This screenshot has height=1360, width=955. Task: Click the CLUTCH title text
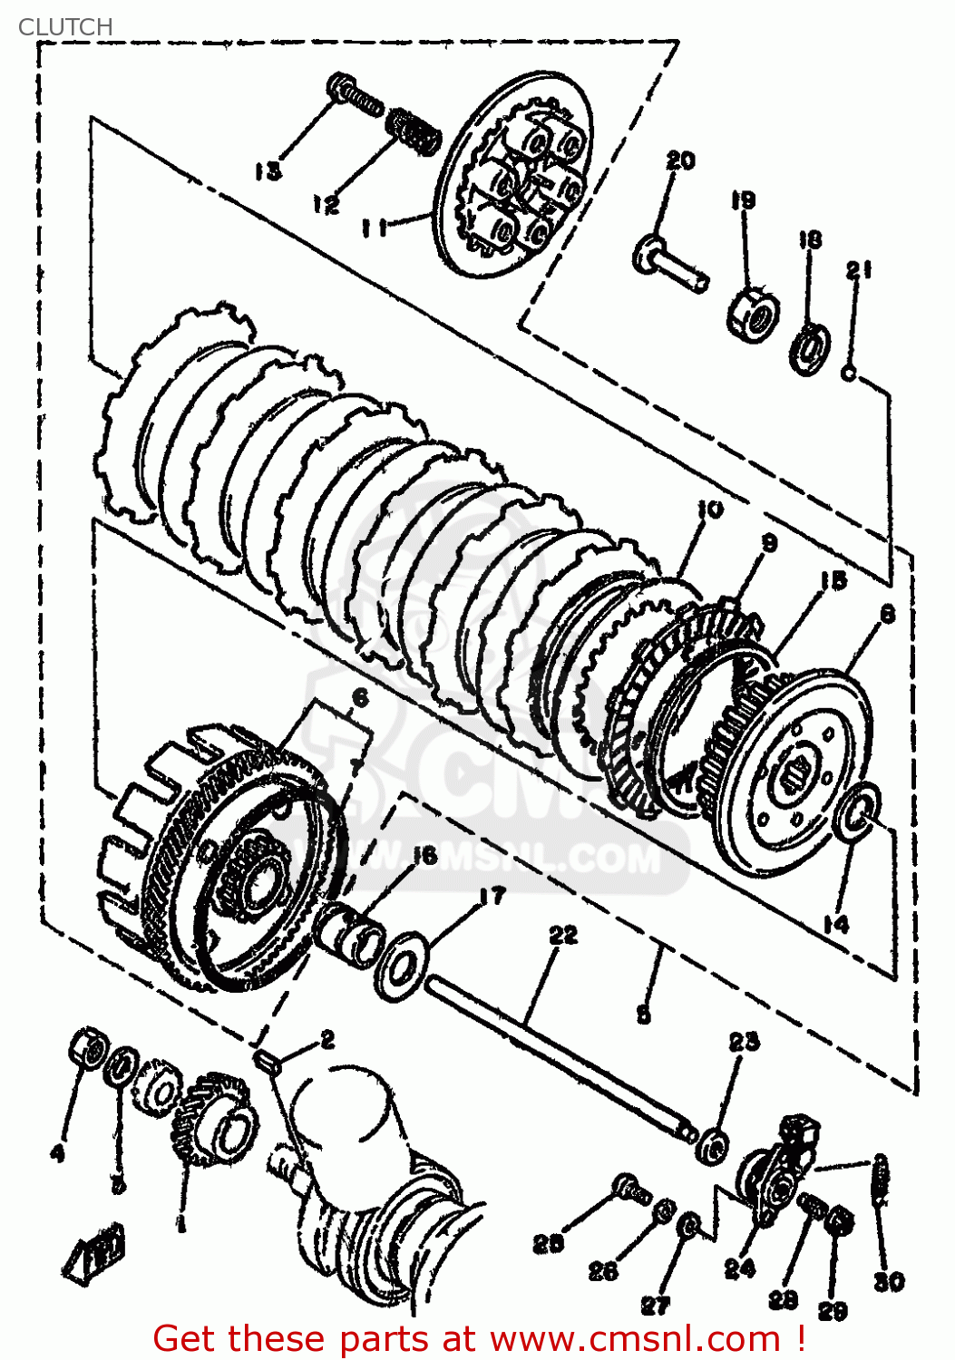click(x=65, y=27)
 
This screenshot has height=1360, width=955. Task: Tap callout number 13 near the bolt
click(x=268, y=170)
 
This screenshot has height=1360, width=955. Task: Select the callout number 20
click(x=680, y=160)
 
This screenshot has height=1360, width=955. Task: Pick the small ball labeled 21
click(x=849, y=372)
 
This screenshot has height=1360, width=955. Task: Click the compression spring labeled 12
click(x=414, y=130)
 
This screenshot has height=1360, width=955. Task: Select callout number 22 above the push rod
click(x=563, y=934)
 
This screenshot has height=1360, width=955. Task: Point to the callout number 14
click(x=835, y=923)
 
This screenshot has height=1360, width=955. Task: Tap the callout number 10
click(x=710, y=510)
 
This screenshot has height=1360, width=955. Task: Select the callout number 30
click(x=889, y=1281)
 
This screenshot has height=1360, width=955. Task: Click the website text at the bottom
click(x=479, y=1338)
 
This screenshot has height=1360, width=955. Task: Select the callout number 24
click(x=739, y=1268)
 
